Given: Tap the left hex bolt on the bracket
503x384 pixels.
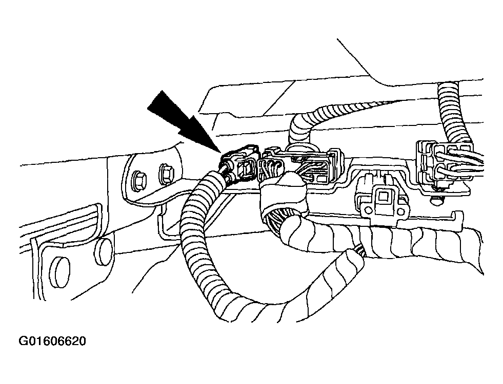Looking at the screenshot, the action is pyautogui.click(x=139, y=181).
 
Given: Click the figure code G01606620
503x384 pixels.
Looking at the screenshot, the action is pyautogui.click(x=53, y=341).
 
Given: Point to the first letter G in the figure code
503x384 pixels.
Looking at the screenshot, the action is pyautogui.click(x=24, y=341).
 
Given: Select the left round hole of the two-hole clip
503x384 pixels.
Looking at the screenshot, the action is pyautogui.click(x=369, y=211).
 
